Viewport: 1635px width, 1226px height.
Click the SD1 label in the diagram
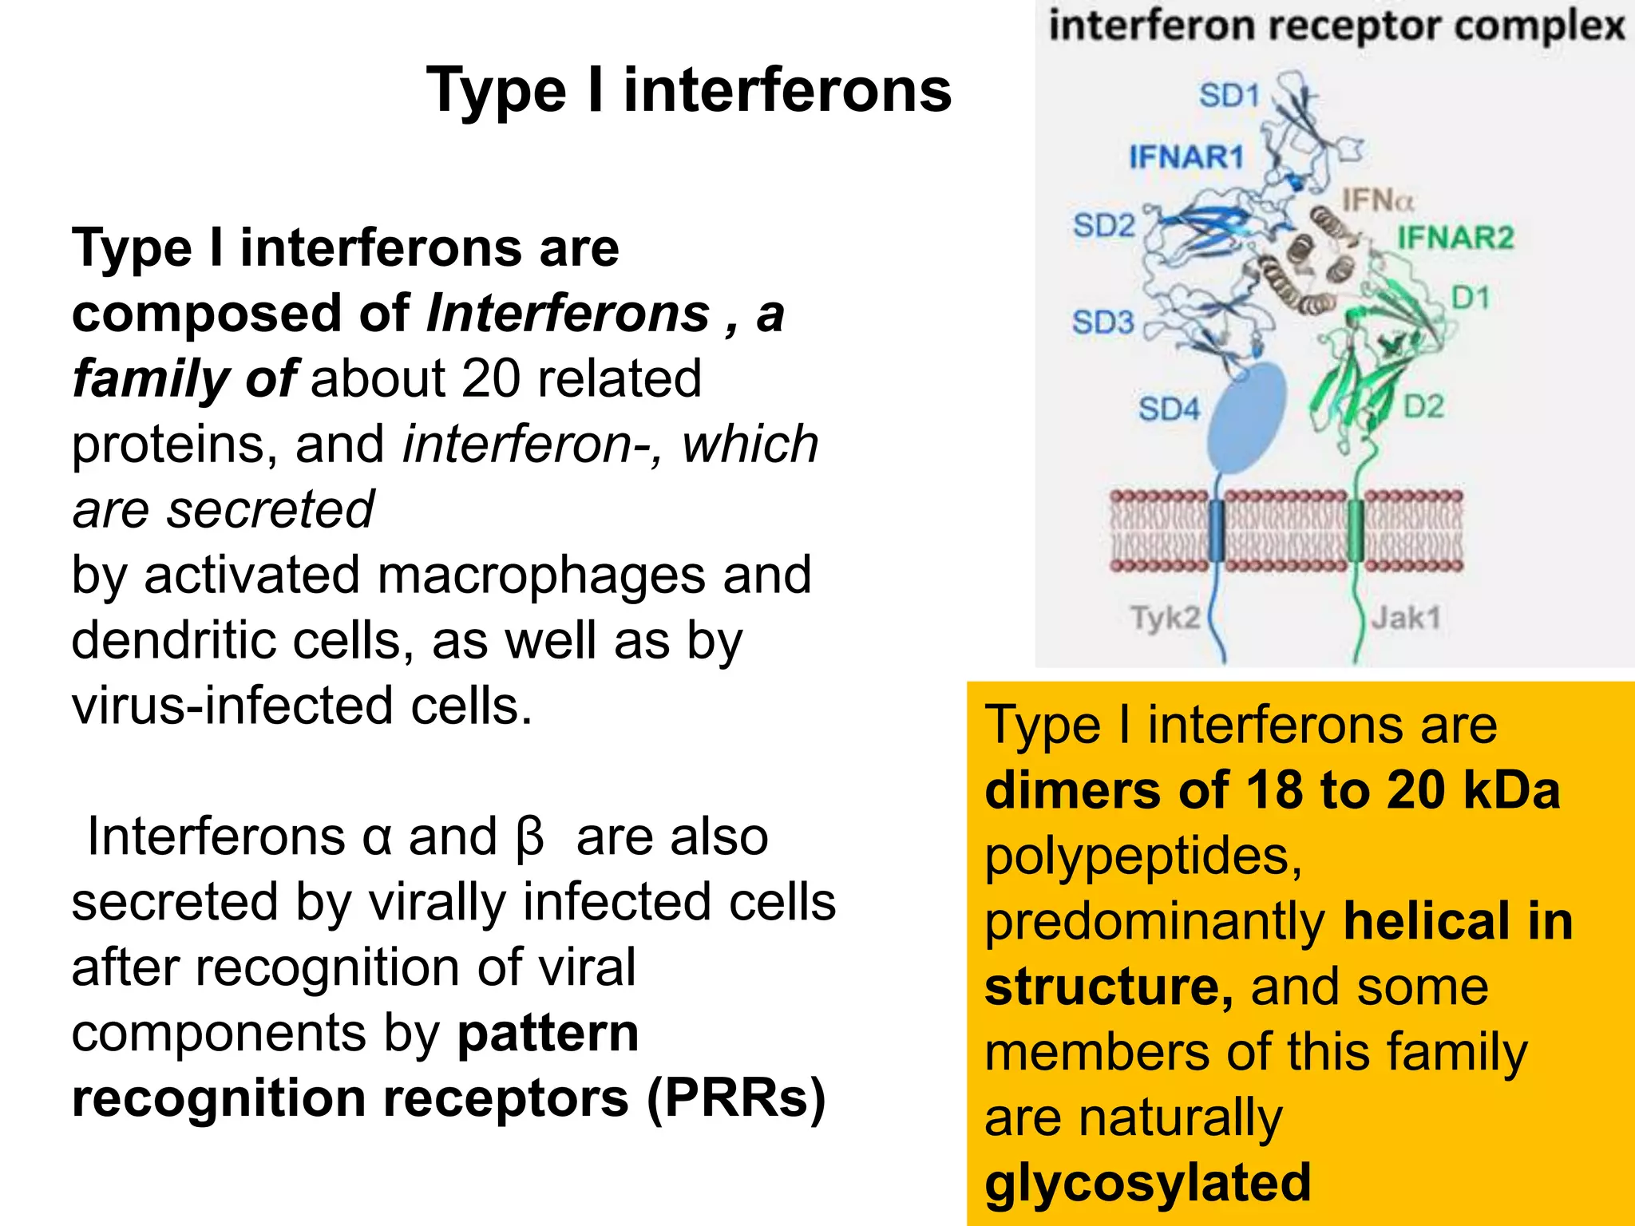click(1229, 96)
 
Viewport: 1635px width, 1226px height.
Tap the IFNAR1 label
click(1186, 157)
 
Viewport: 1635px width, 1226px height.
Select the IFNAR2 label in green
click(1455, 237)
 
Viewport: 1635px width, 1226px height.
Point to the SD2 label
click(1103, 225)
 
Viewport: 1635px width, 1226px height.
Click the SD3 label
click(1103, 322)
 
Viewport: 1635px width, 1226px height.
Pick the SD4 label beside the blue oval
click(1169, 409)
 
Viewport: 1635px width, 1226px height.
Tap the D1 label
click(1471, 298)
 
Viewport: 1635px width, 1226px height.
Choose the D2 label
click(1423, 406)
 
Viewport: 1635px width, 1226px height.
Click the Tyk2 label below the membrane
click(1165, 617)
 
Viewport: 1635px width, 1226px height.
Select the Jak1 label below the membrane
click(1406, 617)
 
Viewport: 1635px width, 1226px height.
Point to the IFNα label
click(1377, 200)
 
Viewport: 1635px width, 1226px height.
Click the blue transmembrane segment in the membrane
click(1217, 531)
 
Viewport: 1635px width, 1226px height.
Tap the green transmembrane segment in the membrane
click(1355, 531)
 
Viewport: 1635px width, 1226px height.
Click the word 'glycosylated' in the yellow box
click(1147, 1182)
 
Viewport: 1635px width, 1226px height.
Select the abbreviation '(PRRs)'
click(735, 1098)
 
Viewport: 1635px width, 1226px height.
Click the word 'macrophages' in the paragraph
click(540, 575)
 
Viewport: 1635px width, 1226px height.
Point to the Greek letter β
click(529, 837)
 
